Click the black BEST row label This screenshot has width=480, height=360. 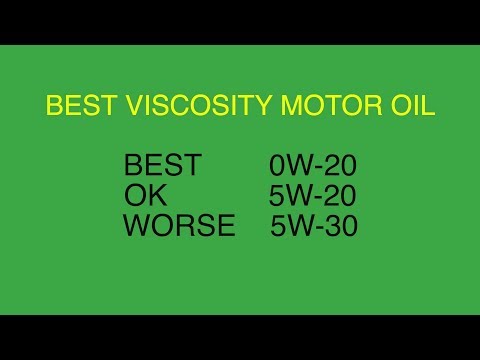[162, 165]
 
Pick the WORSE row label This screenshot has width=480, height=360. [179, 226]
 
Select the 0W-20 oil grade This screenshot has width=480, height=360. [313, 165]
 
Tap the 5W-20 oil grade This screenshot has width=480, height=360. [313, 195]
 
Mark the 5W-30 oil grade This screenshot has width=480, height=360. [314, 226]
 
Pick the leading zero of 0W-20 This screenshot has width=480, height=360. [276, 165]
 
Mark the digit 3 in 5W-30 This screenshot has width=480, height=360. [334, 226]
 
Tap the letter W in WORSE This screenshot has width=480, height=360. [138, 226]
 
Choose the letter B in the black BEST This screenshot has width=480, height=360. [133, 165]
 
